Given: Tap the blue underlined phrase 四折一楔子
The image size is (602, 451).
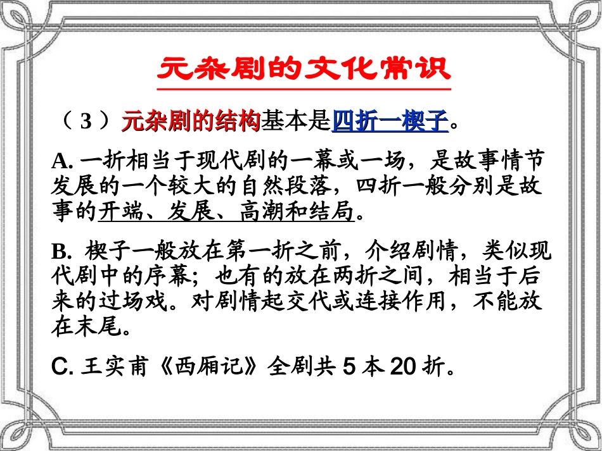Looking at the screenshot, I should coord(390,120).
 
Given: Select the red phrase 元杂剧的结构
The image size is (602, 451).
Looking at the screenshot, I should coord(191,120).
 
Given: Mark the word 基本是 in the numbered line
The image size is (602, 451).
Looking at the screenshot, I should coord(296,120).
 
